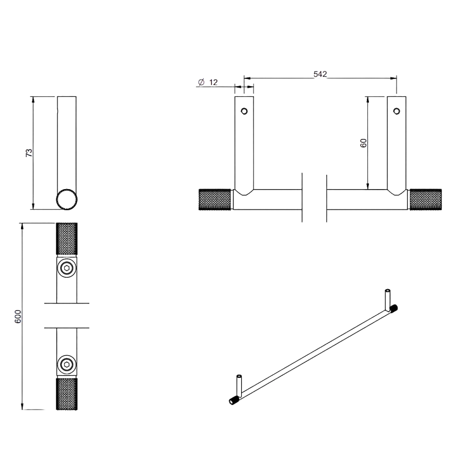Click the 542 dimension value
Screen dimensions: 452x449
pyautogui.click(x=320, y=74)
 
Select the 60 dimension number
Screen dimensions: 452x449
pyautogui.click(x=364, y=143)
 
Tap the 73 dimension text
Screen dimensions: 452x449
pyautogui.click(x=29, y=153)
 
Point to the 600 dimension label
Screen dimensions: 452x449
pyautogui.click(x=18, y=316)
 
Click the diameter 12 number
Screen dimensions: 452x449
pyautogui.click(x=213, y=83)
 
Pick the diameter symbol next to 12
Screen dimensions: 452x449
pyautogui.click(x=201, y=82)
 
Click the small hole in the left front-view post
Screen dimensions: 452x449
pyautogui.click(x=244, y=111)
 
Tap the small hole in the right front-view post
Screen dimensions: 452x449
pyautogui.click(x=397, y=111)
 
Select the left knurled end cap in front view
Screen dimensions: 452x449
pyautogui.click(x=215, y=199)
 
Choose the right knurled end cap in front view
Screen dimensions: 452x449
pyautogui.click(x=425, y=199)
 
